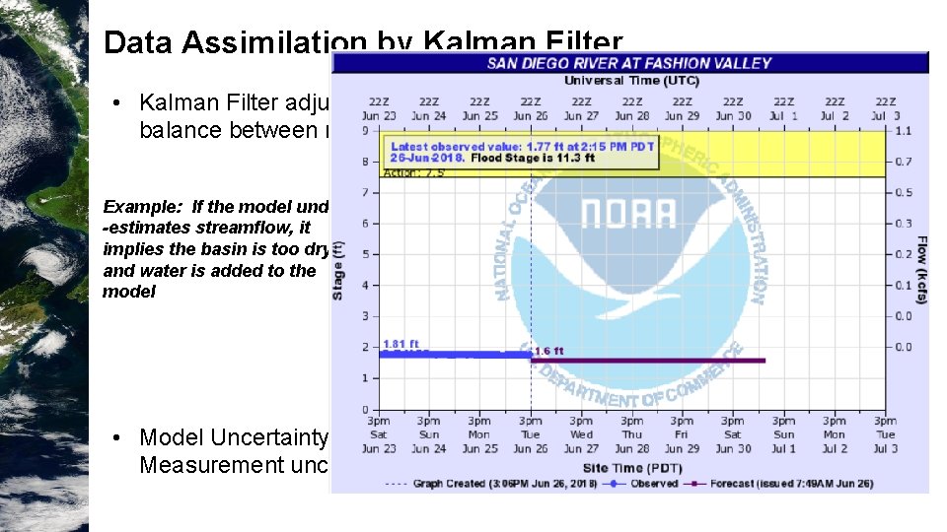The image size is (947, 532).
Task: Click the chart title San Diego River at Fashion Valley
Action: [x=629, y=63]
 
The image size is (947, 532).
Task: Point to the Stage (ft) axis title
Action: [x=339, y=269]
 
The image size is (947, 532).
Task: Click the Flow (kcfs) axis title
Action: [x=920, y=269]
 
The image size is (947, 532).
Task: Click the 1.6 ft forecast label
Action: [x=548, y=351]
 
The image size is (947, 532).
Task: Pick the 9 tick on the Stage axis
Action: [x=365, y=130]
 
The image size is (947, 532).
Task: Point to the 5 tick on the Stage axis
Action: [x=365, y=254]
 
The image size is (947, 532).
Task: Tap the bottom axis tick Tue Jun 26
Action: [x=531, y=434]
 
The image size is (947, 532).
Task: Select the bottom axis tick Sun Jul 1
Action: [x=783, y=434]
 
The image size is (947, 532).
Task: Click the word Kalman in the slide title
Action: [x=474, y=43]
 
